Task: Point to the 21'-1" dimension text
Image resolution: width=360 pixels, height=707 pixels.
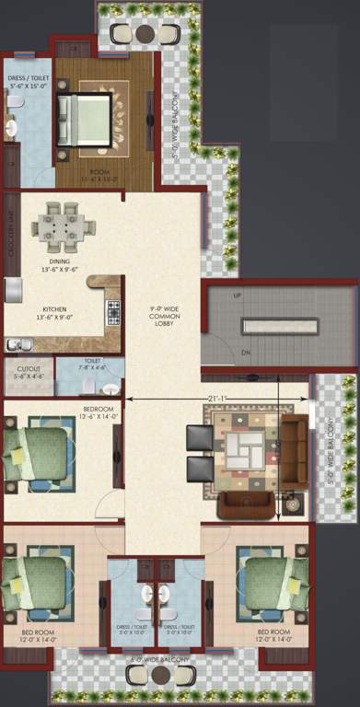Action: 217,398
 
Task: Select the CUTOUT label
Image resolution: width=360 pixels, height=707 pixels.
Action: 28,371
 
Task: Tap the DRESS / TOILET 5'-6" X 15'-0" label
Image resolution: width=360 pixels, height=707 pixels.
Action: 28,83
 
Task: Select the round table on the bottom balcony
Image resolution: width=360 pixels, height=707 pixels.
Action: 162,674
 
